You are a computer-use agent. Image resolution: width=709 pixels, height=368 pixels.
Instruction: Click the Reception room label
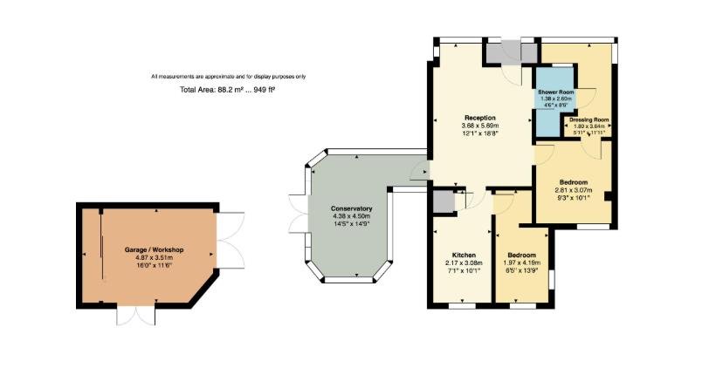[479, 117]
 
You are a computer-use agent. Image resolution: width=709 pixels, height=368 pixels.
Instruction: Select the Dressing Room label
[589, 119]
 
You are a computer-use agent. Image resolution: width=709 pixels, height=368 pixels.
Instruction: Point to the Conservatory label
[352, 208]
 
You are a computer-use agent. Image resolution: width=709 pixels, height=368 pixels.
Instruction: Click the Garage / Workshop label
[154, 250]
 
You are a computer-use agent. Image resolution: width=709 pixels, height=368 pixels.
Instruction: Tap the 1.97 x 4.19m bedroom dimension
[522, 262]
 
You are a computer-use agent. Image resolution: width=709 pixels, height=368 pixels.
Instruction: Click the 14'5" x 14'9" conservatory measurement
[352, 224]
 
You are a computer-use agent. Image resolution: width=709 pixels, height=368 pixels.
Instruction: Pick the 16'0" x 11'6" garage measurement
[154, 265]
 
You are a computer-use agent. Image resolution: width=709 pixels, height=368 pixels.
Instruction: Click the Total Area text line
[227, 90]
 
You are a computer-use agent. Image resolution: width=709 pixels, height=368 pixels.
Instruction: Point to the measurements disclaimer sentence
[228, 77]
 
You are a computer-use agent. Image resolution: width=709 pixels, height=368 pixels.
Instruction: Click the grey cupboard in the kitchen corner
[444, 201]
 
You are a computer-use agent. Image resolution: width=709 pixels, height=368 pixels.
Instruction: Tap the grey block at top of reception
[503, 52]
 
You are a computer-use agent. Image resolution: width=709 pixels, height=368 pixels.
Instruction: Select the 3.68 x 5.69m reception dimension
[479, 126]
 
